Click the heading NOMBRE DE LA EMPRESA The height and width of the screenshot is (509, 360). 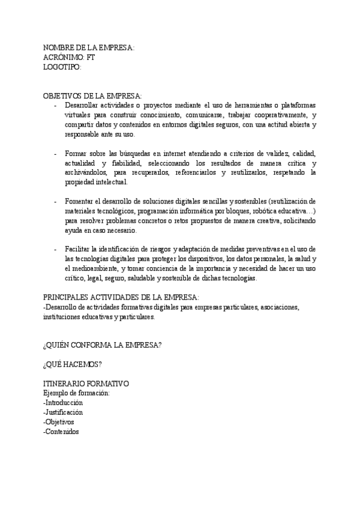tap(89, 48)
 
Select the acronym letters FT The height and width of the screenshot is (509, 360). tap(91, 58)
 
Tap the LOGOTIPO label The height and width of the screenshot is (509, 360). tap(62, 67)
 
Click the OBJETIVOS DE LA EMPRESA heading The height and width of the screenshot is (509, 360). tap(92, 96)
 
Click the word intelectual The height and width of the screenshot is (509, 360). tap(107, 182)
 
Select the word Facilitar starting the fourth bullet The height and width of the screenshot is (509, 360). tap(78, 249)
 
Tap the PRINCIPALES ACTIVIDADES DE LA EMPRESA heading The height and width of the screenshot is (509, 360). tap(121, 297)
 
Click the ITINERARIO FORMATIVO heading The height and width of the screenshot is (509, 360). tap(86, 384)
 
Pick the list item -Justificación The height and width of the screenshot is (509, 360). tap(63, 412)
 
